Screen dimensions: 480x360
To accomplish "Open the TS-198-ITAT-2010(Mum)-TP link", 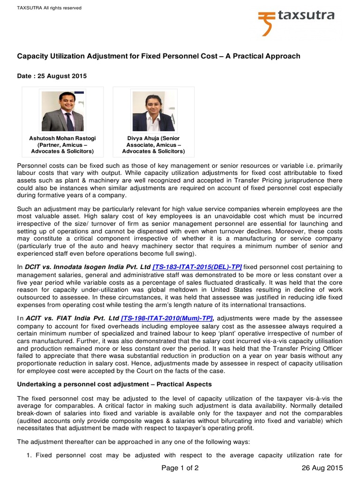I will click(x=167, y=318).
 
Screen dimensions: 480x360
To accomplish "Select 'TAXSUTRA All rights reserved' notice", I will click(x=49, y=8).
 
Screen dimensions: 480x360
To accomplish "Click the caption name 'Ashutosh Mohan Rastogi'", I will click(x=62, y=139).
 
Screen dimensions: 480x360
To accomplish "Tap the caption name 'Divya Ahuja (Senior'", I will click(x=154, y=139).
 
